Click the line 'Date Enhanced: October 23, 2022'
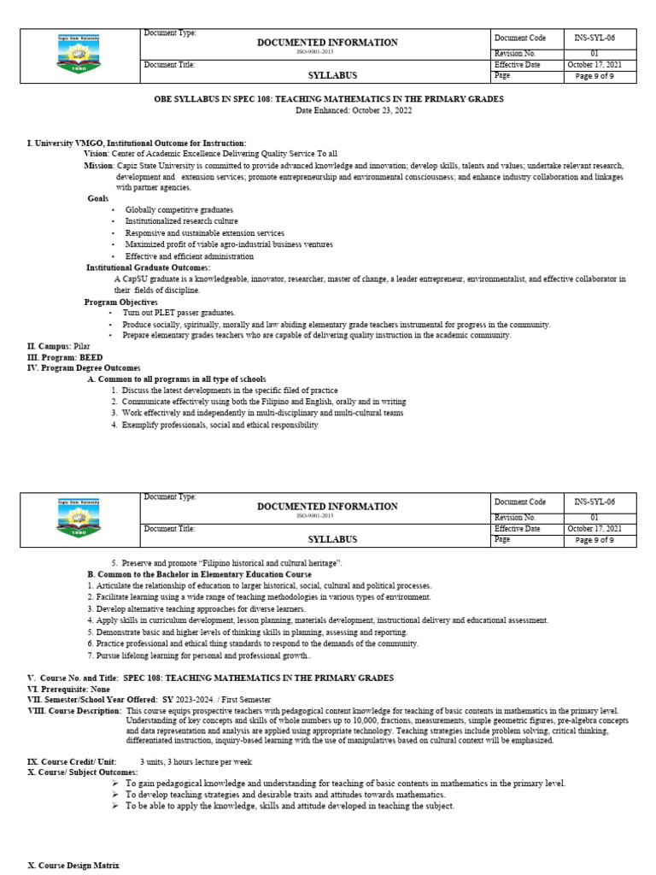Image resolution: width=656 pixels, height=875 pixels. click(x=328, y=110)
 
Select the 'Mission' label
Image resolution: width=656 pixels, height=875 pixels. click(x=98, y=165)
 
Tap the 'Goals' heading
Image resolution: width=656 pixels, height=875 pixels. click(x=98, y=198)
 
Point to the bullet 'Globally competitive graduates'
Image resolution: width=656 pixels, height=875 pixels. click(x=179, y=209)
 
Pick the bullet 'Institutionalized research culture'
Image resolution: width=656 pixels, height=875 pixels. click(x=181, y=221)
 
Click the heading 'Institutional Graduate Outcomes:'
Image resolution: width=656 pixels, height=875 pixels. click(x=148, y=267)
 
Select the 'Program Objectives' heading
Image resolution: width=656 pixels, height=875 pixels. click(x=120, y=302)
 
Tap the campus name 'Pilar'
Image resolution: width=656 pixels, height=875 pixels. click(x=83, y=346)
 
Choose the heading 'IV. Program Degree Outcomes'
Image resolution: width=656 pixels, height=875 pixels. click(x=84, y=368)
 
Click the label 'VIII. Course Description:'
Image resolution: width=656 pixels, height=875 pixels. click(x=74, y=711)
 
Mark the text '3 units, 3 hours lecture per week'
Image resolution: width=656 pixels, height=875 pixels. click(x=196, y=760)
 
